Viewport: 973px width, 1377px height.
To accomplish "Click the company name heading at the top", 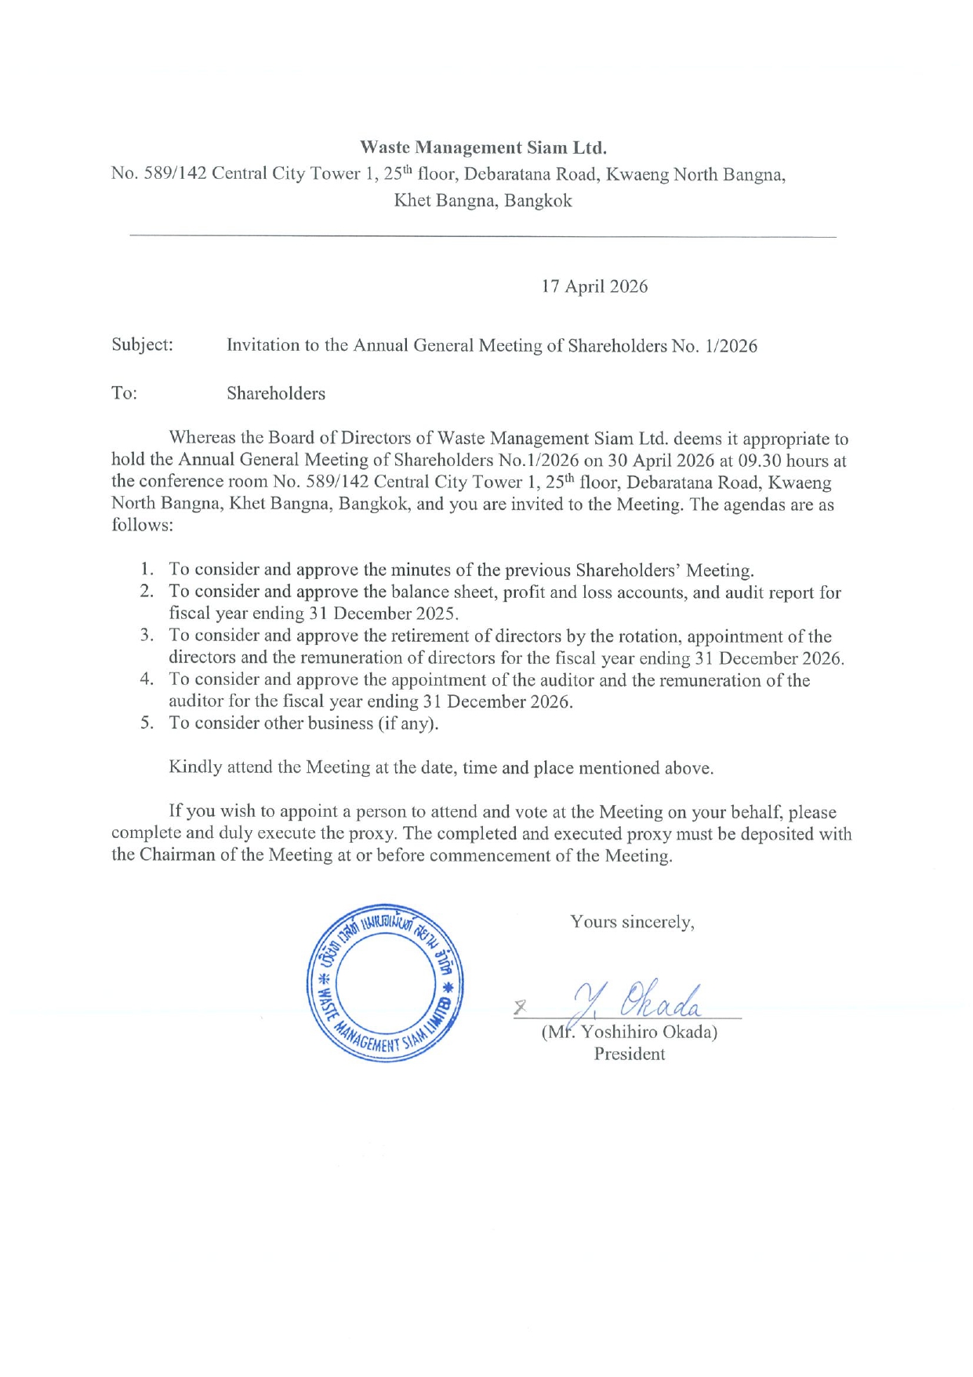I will (483, 148).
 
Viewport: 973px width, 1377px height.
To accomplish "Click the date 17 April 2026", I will (594, 286).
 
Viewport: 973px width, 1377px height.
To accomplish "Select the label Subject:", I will (142, 344).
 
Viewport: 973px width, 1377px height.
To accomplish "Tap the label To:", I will (124, 393).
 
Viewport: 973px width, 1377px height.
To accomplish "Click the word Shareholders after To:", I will (276, 393).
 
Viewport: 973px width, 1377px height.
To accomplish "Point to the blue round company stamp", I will (385, 982).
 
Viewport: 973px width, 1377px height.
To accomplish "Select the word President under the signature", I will (629, 1054).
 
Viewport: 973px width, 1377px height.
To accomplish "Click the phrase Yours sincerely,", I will (632, 922).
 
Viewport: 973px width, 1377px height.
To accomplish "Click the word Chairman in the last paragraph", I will (176, 855).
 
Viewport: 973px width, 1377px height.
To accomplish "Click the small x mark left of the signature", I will (519, 1007).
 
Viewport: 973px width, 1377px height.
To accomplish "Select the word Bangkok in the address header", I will (538, 200).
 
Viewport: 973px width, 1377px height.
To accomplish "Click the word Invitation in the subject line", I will (263, 345).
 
